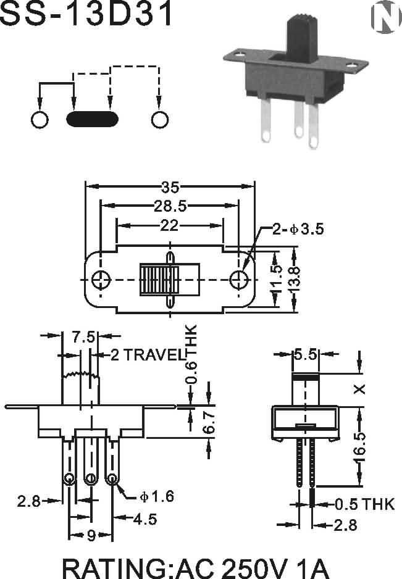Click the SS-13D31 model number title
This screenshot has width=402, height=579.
(86, 14)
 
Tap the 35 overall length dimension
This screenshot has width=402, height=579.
(170, 188)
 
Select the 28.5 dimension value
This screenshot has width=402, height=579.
(170, 206)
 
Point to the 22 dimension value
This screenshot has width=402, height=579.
(169, 225)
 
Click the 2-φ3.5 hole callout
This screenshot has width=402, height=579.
(298, 229)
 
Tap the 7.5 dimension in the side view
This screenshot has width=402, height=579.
(83, 337)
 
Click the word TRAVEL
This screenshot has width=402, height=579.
(154, 355)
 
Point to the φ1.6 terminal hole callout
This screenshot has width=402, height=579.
(157, 497)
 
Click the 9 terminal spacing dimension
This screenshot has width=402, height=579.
(91, 535)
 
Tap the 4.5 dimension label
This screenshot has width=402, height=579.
(145, 519)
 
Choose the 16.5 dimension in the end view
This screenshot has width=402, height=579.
(359, 447)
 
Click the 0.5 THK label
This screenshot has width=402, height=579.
(365, 504)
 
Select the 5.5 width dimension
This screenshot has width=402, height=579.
(305, 355)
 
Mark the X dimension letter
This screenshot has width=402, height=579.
(359, 389)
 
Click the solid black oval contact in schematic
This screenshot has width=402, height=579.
(93, 119)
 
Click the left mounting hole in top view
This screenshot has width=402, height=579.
(101, 280)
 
